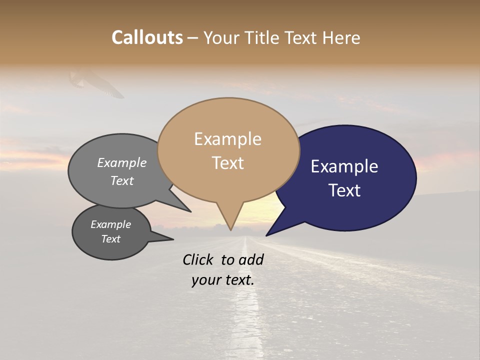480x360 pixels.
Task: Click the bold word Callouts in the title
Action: [147, 37]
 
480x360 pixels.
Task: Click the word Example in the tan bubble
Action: [227, 139]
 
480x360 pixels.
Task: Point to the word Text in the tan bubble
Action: [227, 163]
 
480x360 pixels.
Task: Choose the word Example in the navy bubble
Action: [344, 166]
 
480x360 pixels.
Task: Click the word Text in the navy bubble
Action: [344, 190]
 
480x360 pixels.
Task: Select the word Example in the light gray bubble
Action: [122, 162]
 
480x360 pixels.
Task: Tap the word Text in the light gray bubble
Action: [122, 180]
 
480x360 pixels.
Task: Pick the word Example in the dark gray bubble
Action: [110, 224]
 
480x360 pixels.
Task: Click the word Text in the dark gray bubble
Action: [110, 239]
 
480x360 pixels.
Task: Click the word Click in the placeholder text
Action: [198, 259]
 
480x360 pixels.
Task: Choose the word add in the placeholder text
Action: [251, 259]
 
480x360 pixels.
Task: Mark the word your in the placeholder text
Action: [205, 280]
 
